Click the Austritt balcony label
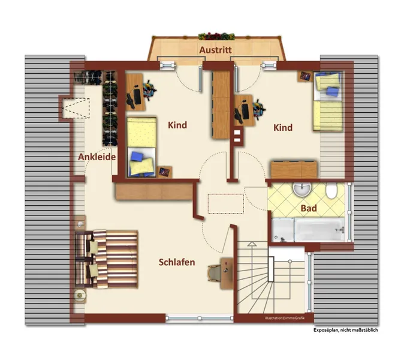pyautogui.click(x=215, y=50)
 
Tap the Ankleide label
pyautogui.click(x=97, y=157)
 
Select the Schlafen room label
pyautogui.click(x=177, y=262)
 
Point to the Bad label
pyautogui.click(x=309, y=208)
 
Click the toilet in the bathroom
pyautogui.click(x=331, y=191)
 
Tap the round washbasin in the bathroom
pyautogui.click(x=302, y=189)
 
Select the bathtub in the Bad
pyautogui.click(x=308, y=229)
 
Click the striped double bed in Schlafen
pyautogui.click(x=106, y=259)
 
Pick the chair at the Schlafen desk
pyautogui.click(x=215, y=273)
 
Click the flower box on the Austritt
pyautogui.click(x=216, y=37)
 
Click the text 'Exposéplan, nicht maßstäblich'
pyautogui.click(x=345, y=330)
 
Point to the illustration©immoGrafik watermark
pyautogui.click(x=285, y=318)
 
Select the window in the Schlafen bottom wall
pyautogui.click(x=200, y=318)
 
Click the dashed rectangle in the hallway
pyautogui.click(x=225, y=204)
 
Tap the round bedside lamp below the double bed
pyautogui.click(x=80, y=295)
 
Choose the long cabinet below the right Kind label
pyautogui.click(x=294, y=169)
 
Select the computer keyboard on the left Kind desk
pyautogui.click(x=137, y=97)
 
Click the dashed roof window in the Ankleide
pyautogui.click(x=76, y=108)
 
